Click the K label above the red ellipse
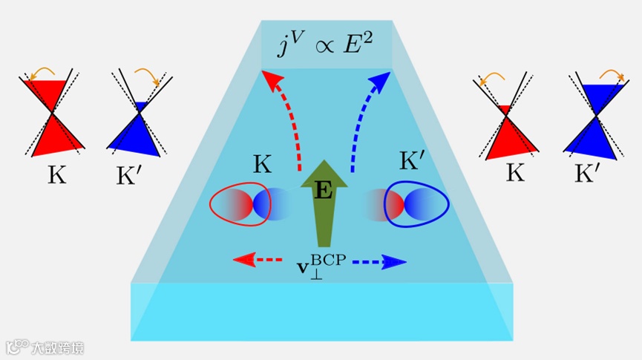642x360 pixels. pyautogui.click(x=261, y=166)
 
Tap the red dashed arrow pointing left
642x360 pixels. pyautogui.click(x=257, y=260)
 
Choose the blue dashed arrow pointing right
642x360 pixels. pyautogui.click(x=379, y=261)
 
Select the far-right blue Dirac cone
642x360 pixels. pyautogui.click(x=595, y=119)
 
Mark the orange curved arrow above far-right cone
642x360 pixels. pyautogui.click(x=610, y=73)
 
